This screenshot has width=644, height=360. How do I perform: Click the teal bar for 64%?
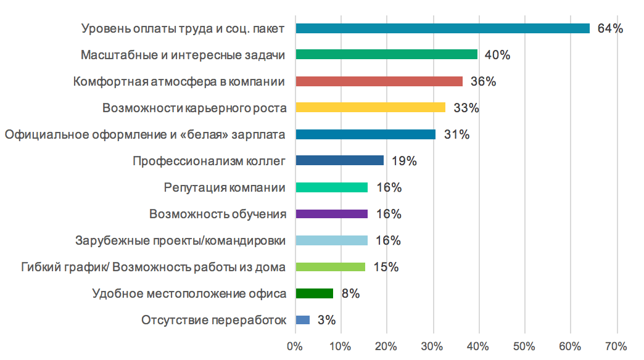click(x=442, y=28)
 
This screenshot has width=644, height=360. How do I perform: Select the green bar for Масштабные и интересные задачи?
click(x=387, y=55)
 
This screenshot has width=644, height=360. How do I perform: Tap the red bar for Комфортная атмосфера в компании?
click(x=379, y=81)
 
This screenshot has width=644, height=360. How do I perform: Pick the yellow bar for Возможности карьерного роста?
click(x=370, y=108)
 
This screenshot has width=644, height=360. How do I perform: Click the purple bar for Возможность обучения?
click(x=332, y=214)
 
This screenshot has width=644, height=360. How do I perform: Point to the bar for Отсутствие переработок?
click(x=303, y=320)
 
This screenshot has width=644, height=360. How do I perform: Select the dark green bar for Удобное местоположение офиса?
click(x=315, y=293)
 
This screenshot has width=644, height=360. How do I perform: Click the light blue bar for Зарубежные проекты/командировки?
click(x=332, y=240)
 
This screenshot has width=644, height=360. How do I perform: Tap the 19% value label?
click(x=404, y=162)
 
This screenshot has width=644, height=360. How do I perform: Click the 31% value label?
click(x=456, y=134)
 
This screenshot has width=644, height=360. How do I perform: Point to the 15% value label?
click(x=386, y=268)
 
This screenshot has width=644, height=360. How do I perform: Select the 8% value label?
click(x=350, y=294)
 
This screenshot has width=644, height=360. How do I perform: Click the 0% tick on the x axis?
click(x=295, y=346)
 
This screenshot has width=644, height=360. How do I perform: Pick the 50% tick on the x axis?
click(x=524, y=346)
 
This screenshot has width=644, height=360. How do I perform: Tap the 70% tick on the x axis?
click(x=616, y=346)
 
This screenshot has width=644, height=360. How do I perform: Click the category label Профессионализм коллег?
click(x=209, y=162)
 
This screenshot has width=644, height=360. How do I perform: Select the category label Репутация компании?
click(x=225, y=188)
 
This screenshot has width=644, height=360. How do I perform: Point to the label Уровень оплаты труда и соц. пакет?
click(x=183, y=29)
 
